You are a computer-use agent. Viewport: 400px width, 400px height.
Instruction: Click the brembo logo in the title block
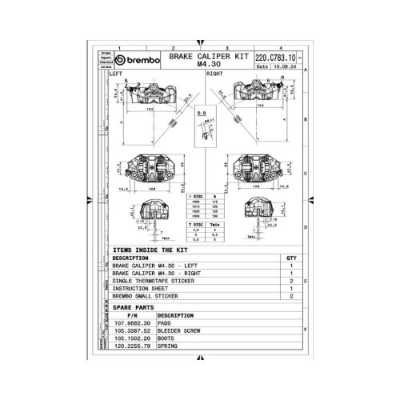coord(138,61)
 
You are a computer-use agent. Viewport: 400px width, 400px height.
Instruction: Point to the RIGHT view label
coord(215,74)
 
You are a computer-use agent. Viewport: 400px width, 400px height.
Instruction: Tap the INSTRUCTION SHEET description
coord(142,289)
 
